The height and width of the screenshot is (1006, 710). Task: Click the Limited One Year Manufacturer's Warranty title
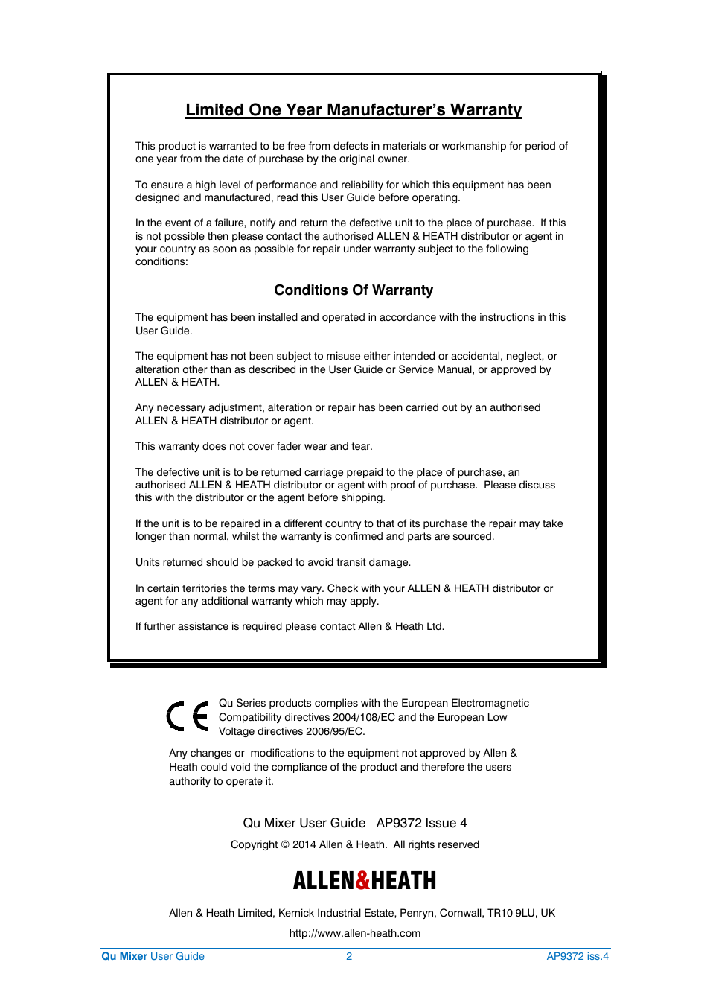pos(354,110)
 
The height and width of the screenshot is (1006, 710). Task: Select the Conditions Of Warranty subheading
pos(354,290)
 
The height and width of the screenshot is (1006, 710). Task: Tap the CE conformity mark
pos(188,716)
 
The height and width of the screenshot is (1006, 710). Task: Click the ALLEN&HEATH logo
pos(364,881)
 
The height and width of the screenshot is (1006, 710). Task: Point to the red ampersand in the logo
pos(362,881)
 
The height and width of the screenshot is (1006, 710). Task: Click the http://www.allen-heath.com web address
pos(355,933)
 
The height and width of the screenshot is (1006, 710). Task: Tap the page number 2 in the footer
pos(349,956)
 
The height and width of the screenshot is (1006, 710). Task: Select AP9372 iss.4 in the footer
pos(578,956)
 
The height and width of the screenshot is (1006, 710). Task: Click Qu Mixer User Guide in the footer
pos(153,956)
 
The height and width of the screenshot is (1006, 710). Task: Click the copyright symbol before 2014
pos(284,844)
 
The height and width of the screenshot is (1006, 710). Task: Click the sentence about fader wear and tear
pos(254,446)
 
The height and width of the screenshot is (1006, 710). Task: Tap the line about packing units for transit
pos(273,562)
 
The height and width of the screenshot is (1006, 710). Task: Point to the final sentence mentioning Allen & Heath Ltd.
pos(290,626)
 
